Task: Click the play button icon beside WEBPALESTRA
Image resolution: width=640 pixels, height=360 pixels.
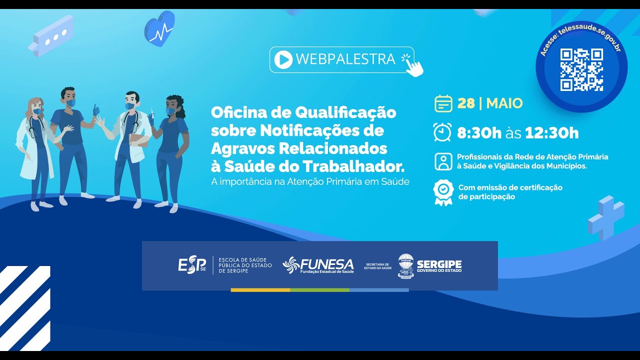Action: click(x=283, y=59)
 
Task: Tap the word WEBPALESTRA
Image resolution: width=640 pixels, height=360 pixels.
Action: click(x=345, y=59)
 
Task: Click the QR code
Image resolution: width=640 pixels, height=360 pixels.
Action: click(x=581, y=69)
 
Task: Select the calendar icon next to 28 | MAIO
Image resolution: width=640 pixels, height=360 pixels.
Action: click(x=443, y=103)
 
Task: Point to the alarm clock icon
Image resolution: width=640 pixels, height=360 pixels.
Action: click(x=442, y=132)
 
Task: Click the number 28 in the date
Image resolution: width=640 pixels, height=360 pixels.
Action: click(x=466, y=103)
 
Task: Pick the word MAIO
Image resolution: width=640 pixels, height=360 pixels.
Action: click(x=504, y=103)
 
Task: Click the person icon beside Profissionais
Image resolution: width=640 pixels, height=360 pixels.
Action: click(x=443, y=161)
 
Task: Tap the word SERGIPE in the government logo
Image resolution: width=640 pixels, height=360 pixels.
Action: click(x=439, y=264)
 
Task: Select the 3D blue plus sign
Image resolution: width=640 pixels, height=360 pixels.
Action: click(x=606, y=217)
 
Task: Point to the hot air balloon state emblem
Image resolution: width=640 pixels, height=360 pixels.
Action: click(x=405, y=265)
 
